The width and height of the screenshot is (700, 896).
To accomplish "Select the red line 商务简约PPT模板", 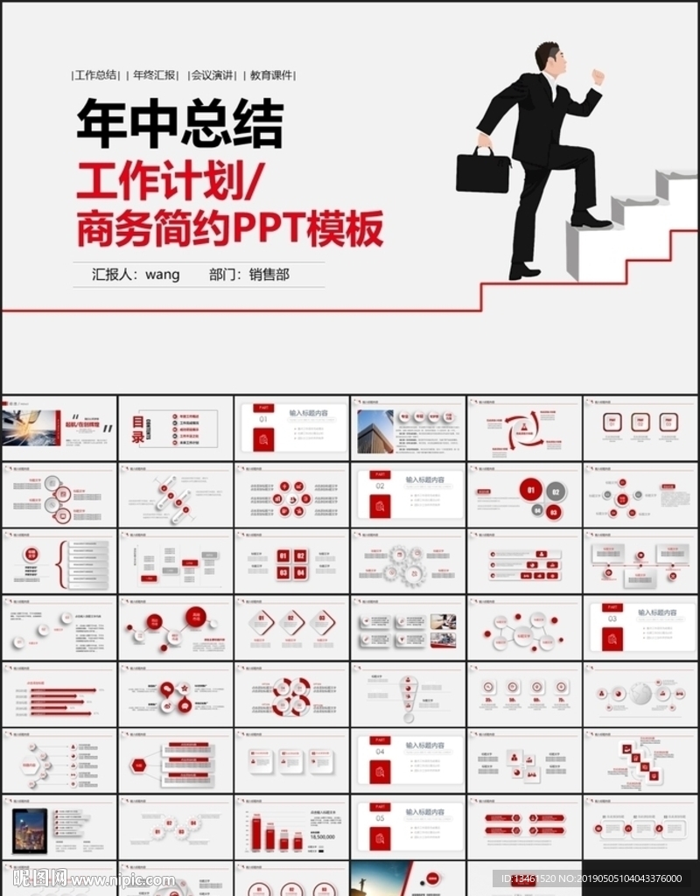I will tap(230, 229).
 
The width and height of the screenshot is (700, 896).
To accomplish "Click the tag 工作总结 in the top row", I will tap(96, 75).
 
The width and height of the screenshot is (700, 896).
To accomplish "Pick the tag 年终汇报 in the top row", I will tap(156, 75).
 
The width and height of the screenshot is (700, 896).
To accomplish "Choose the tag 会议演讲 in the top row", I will tap(213, 75).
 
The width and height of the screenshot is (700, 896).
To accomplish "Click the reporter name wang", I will tap(163, 275).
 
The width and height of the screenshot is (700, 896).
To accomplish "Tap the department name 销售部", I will tap(269, 275).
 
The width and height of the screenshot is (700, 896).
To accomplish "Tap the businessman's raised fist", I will tap(598, 77).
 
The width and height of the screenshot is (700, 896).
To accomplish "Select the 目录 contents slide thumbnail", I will tap(175, 429).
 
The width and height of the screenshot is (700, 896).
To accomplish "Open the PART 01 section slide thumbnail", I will tap(291, 429).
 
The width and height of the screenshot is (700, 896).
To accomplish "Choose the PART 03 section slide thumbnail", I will tap(640, 627).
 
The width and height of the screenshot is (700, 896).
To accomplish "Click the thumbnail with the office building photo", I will tap(408, 429).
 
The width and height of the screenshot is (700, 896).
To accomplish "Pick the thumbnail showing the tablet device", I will tap(59, 827).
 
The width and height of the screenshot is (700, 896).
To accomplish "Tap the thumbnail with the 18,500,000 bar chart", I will tap(291, 827).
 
